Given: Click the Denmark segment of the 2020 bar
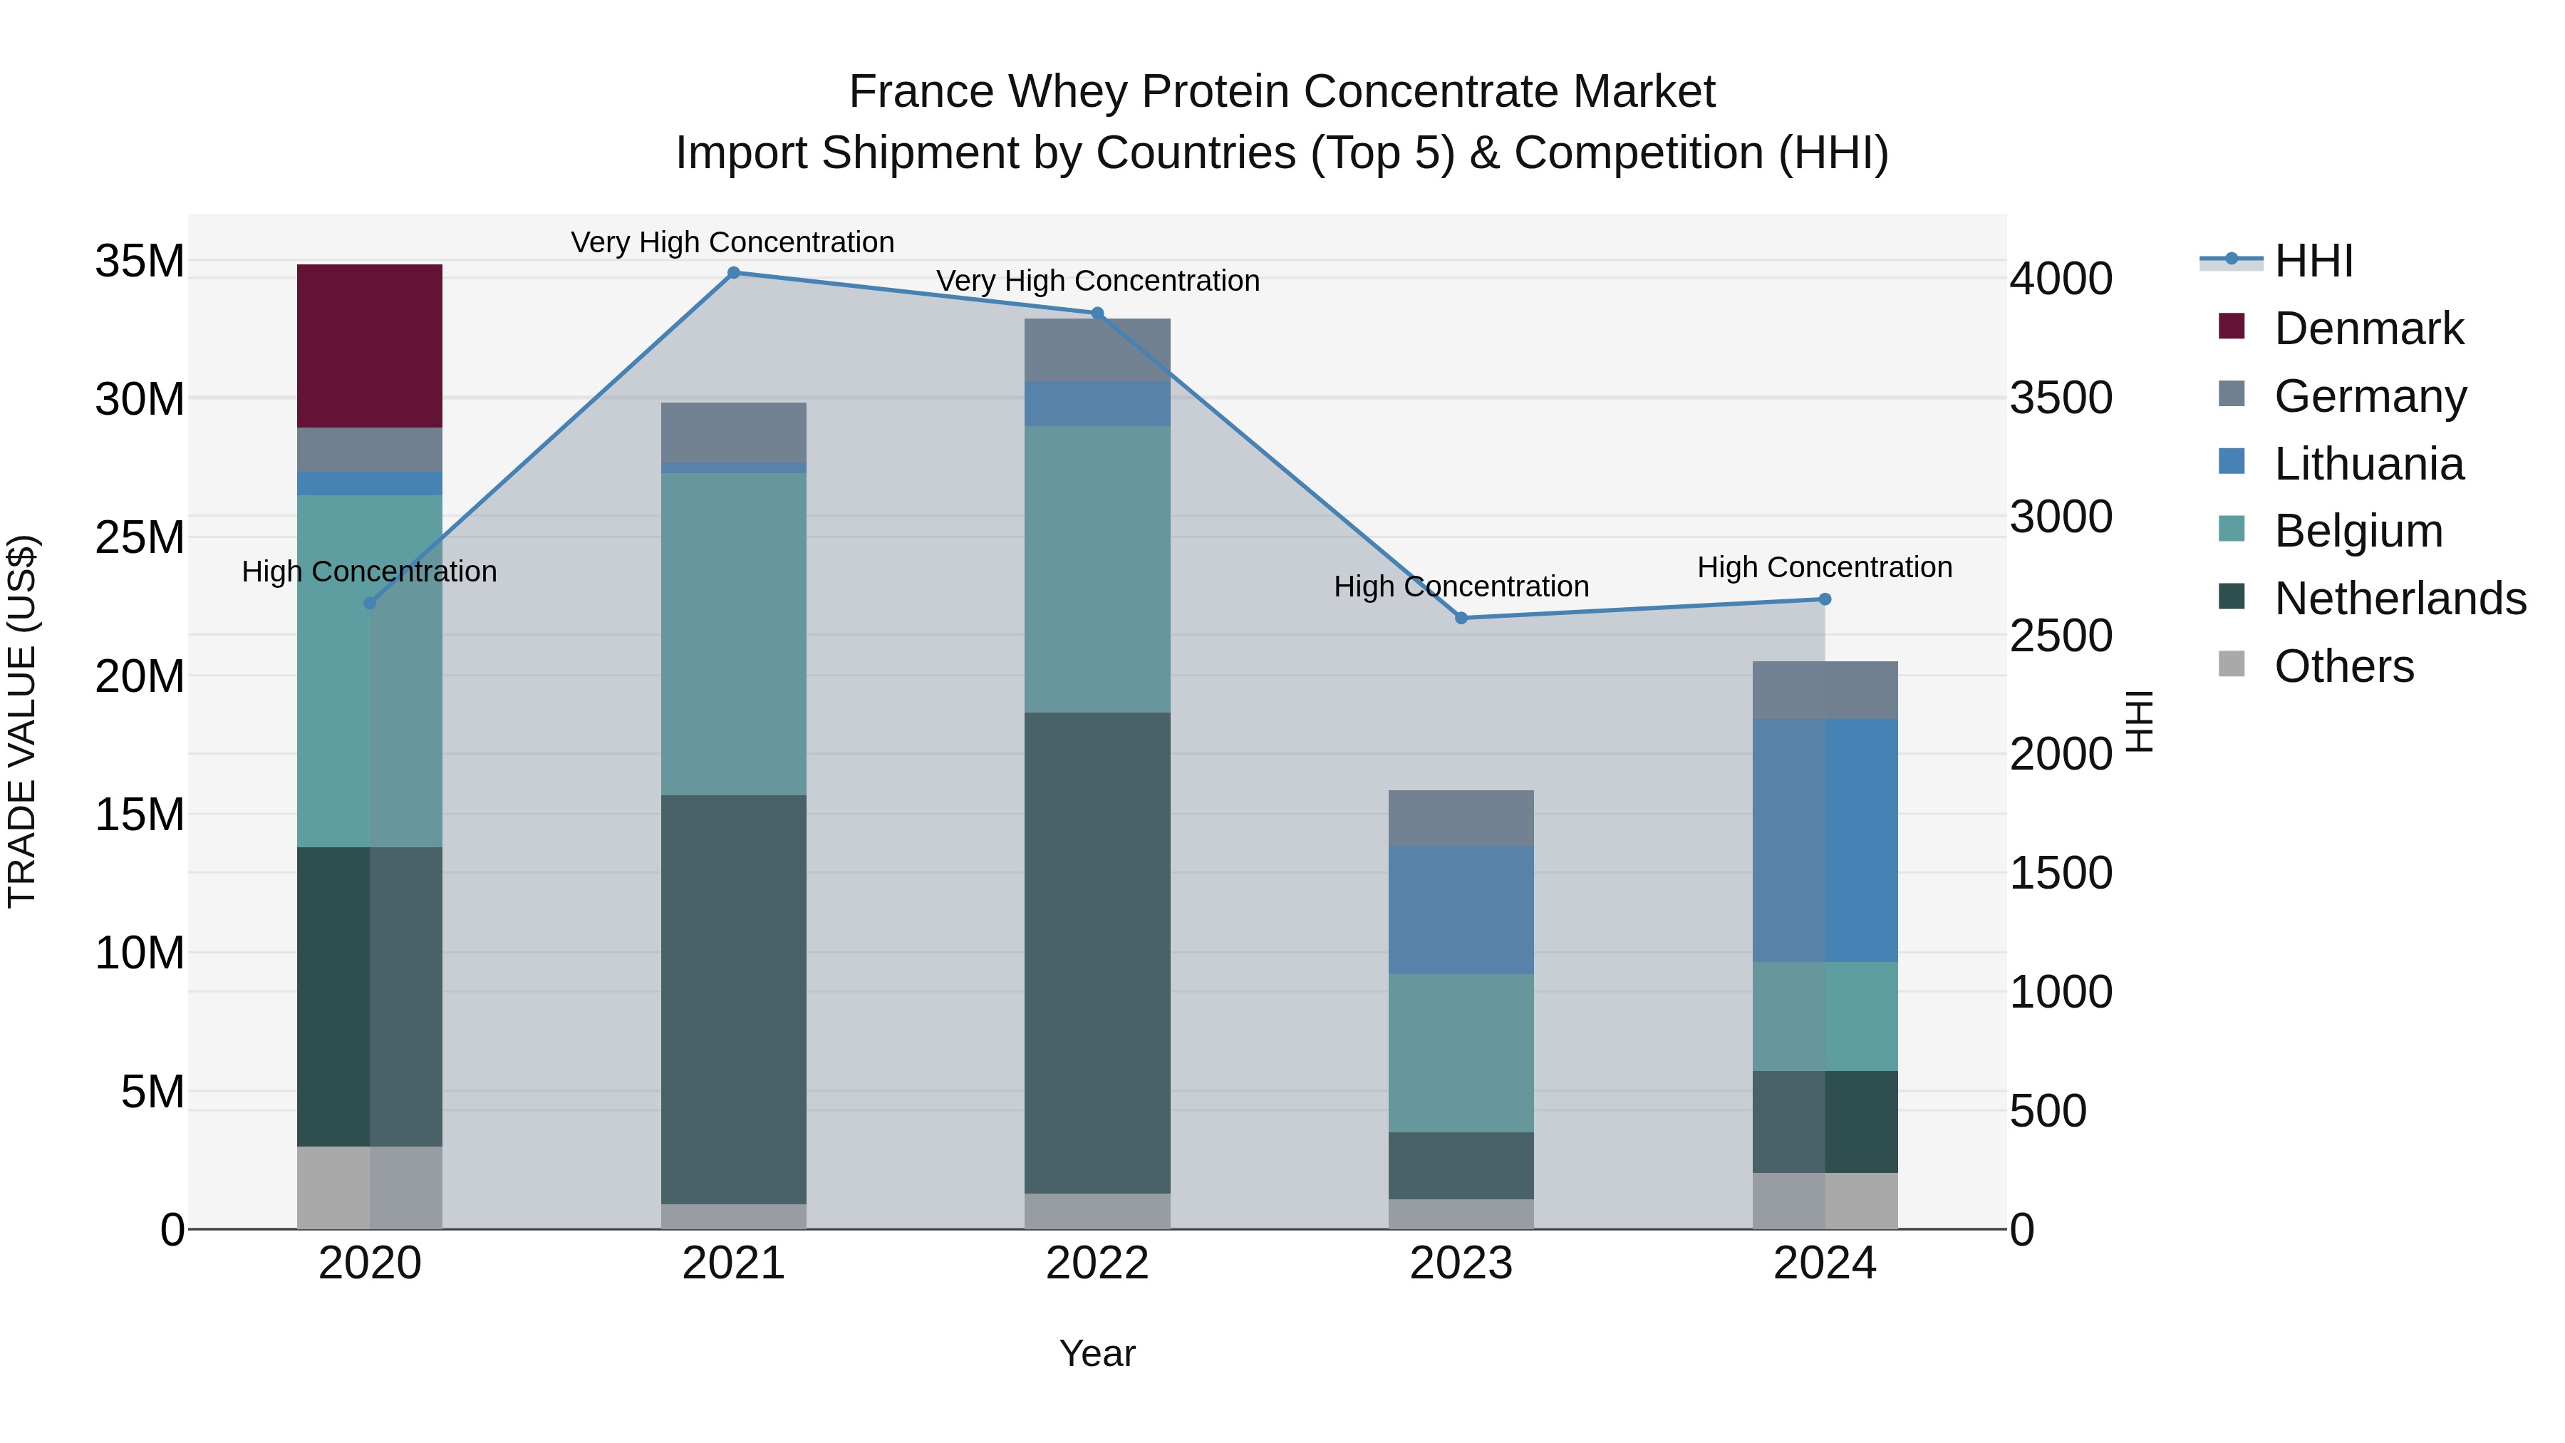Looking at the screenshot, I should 369,346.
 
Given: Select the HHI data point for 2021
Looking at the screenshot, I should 734,273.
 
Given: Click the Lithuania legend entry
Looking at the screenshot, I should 2368,464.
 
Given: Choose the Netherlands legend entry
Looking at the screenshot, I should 2400,599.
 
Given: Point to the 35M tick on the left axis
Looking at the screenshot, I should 140,262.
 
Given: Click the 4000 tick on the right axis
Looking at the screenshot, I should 2060,279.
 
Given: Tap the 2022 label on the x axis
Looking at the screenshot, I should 1097,1263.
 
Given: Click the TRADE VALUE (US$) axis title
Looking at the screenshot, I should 22,721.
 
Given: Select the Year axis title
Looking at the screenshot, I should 1097,1353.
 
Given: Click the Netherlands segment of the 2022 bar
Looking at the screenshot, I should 1097,952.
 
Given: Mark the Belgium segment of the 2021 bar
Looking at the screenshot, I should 734,633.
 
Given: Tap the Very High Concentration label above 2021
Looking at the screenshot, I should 733,242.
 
